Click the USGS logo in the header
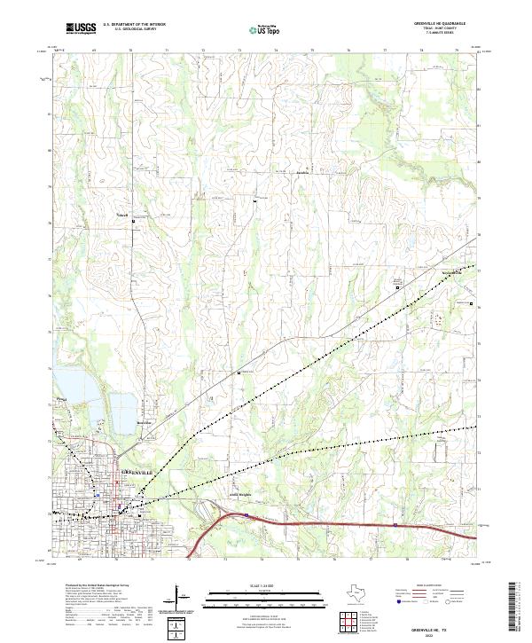pyautogui.click(x=81, y=28)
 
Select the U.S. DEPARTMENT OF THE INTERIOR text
pyautogui.click(x=133, y=24)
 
